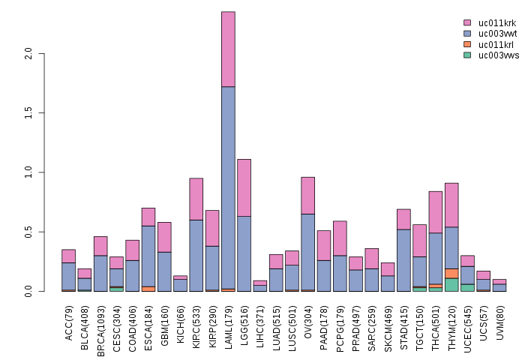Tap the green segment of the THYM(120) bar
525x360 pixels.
tap(451, 284)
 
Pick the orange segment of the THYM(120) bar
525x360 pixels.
tap(451, 273)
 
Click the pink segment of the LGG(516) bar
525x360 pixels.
tap(244, 187)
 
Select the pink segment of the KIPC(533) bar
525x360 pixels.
tap(196, 199)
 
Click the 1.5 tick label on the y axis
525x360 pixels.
tap(28, 113)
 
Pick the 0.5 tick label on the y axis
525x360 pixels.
tap(28, 232)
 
